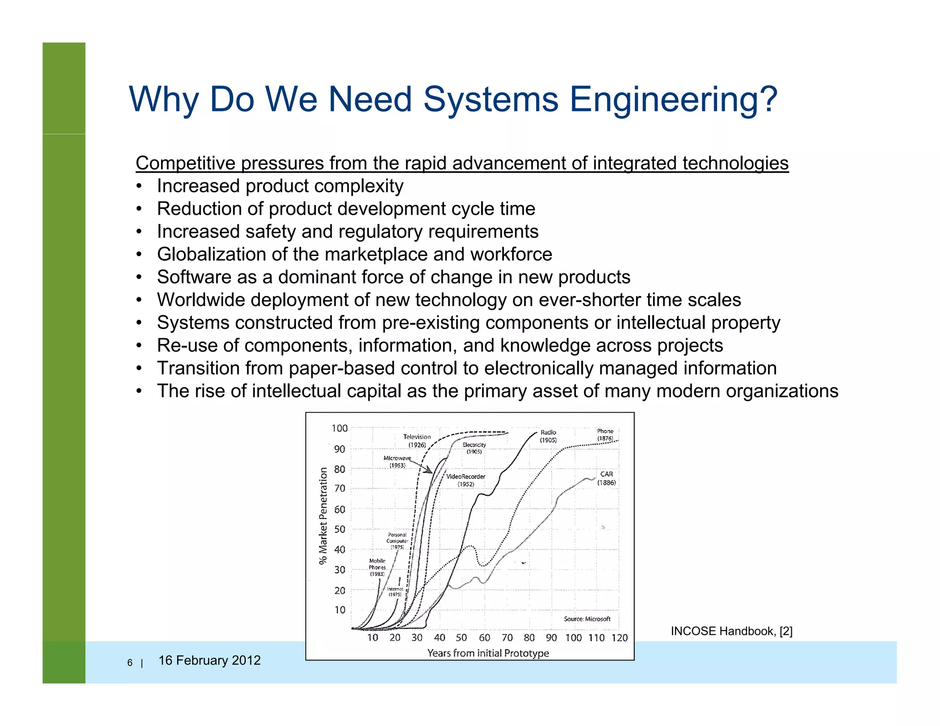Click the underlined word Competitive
point(185,163)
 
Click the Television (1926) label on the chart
point(417,441)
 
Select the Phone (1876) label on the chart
point(605,435)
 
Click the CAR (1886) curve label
point(606,478)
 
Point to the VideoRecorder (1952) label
point(465,480)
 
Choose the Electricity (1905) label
point(474,448)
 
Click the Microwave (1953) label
point(397,462)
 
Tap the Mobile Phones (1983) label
point(377,567)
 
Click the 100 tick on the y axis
point(340,429)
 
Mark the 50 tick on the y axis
point(340,529)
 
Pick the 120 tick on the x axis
point(619,637)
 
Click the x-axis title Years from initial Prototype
point(488,653)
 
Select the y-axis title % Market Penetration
point(324,516)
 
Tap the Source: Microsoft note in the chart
point(587,619)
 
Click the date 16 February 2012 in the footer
point(209,660)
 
